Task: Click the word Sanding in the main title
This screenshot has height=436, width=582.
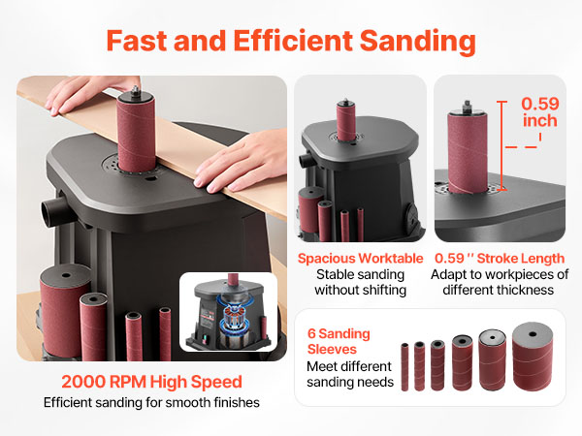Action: point(417,42)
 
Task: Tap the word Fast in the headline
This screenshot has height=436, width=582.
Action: point(137,41)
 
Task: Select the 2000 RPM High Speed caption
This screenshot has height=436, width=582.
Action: point(151,382)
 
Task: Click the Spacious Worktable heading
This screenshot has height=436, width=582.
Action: point(360,259)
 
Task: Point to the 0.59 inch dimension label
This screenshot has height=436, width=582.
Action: point(540,112)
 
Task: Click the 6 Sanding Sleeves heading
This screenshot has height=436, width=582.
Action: point(339,341)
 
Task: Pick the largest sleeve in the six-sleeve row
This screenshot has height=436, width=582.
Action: point(533,357)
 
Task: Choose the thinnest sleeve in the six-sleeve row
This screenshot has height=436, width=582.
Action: point(404,366)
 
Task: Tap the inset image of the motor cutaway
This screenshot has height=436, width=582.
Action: point(228,312)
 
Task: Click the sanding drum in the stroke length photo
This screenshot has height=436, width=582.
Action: point(468,153)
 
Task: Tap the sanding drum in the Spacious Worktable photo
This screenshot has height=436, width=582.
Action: point(346,122)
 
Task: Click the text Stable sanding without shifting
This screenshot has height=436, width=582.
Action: point(360,282)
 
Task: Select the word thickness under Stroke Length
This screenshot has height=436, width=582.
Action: point(525,290)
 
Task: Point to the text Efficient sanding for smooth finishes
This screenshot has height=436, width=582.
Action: point(151,403)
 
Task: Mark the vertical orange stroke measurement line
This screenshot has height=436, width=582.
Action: point(501,145)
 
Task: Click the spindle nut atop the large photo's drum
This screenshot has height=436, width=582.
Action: point(136,90)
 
